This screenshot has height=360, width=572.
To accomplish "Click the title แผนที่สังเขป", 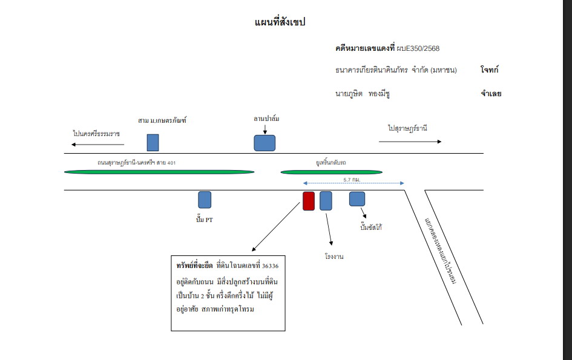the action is tap(280, 22).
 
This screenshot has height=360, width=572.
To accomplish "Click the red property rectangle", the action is tap(309, 201).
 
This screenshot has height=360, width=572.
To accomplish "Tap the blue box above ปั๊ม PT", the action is tap(205, 200).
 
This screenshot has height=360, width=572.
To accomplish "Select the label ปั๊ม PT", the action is tap(205, 220).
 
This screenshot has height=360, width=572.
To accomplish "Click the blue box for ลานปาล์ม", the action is tap(265, 143).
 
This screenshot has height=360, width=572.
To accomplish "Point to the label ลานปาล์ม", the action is tap(266, 119).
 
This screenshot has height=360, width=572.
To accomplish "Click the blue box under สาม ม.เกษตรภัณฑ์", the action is tap(153, 143).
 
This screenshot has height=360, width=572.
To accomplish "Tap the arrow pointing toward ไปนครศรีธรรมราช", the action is tap(98, 145).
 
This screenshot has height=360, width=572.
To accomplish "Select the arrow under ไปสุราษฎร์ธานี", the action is tap(410, 142).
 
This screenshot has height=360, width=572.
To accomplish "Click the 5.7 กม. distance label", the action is tap(352, 180).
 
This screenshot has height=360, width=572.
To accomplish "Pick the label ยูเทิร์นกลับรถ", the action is tap(331, 162).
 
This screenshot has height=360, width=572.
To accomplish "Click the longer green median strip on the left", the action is tap(159, 172).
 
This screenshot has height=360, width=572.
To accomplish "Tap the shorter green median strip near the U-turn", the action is tap(331, 172).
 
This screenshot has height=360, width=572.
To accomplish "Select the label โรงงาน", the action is tap(334, 257).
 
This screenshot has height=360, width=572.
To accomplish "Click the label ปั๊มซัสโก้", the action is tap(371, 227).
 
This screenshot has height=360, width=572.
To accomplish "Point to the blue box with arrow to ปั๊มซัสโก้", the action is tap(357, 199).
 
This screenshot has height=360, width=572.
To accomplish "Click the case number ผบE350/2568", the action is tap(418, 48).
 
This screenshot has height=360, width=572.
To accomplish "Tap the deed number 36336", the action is tap(270, 266).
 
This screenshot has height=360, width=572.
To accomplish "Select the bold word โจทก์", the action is tap(489, 70).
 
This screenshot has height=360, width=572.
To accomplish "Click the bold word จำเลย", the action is tap(491, 94).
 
